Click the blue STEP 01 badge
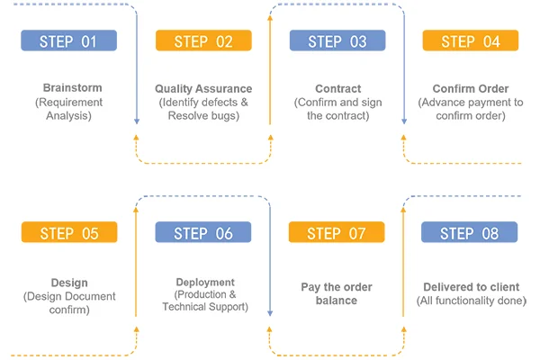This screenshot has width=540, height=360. (x=69, y=40)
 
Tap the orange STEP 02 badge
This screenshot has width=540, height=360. (x=203, y=40)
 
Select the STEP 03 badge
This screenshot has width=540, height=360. (x=337, y=40)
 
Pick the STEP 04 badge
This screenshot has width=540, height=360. (x=471, y=40)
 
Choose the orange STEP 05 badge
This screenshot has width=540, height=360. (x=69, y=232)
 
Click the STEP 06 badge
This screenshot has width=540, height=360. (x=203, y=232)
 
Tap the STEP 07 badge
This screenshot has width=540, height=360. (x=337, y=232)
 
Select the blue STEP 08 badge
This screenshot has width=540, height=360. (x=470, y=232)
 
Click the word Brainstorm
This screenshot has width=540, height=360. (x=72, y=88)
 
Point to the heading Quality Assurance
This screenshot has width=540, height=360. (x=203, y=89)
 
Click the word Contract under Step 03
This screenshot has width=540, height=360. (x=338, y=89)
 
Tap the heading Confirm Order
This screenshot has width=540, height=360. (x=471, y=89)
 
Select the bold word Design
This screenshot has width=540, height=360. (x=69, y=283)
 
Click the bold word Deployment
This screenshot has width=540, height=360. (x=205, y=282)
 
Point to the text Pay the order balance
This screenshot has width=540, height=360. (x=337, y=294)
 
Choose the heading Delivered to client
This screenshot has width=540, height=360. (x=472, y=287)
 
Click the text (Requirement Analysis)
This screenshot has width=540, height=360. (x=69, y=109)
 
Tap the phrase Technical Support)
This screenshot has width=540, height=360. (x=205, y=307)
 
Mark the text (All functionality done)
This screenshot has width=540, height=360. (x=472, y=301)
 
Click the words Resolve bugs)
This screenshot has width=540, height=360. (x=203, y=116)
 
